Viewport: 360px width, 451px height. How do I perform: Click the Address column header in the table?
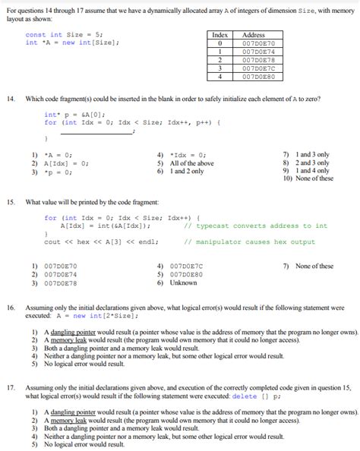[x=253, y=35]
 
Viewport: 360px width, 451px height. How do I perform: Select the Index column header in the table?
[x=219, y=35]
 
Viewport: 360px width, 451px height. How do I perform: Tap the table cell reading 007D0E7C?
[x=253, y=69]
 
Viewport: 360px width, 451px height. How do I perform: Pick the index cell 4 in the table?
[x=219, y=76]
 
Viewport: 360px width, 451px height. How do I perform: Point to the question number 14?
[x=10, y=99]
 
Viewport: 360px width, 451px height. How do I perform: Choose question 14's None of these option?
[x=311, y=178]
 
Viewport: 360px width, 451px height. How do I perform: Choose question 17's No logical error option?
[x=86, y=444]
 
